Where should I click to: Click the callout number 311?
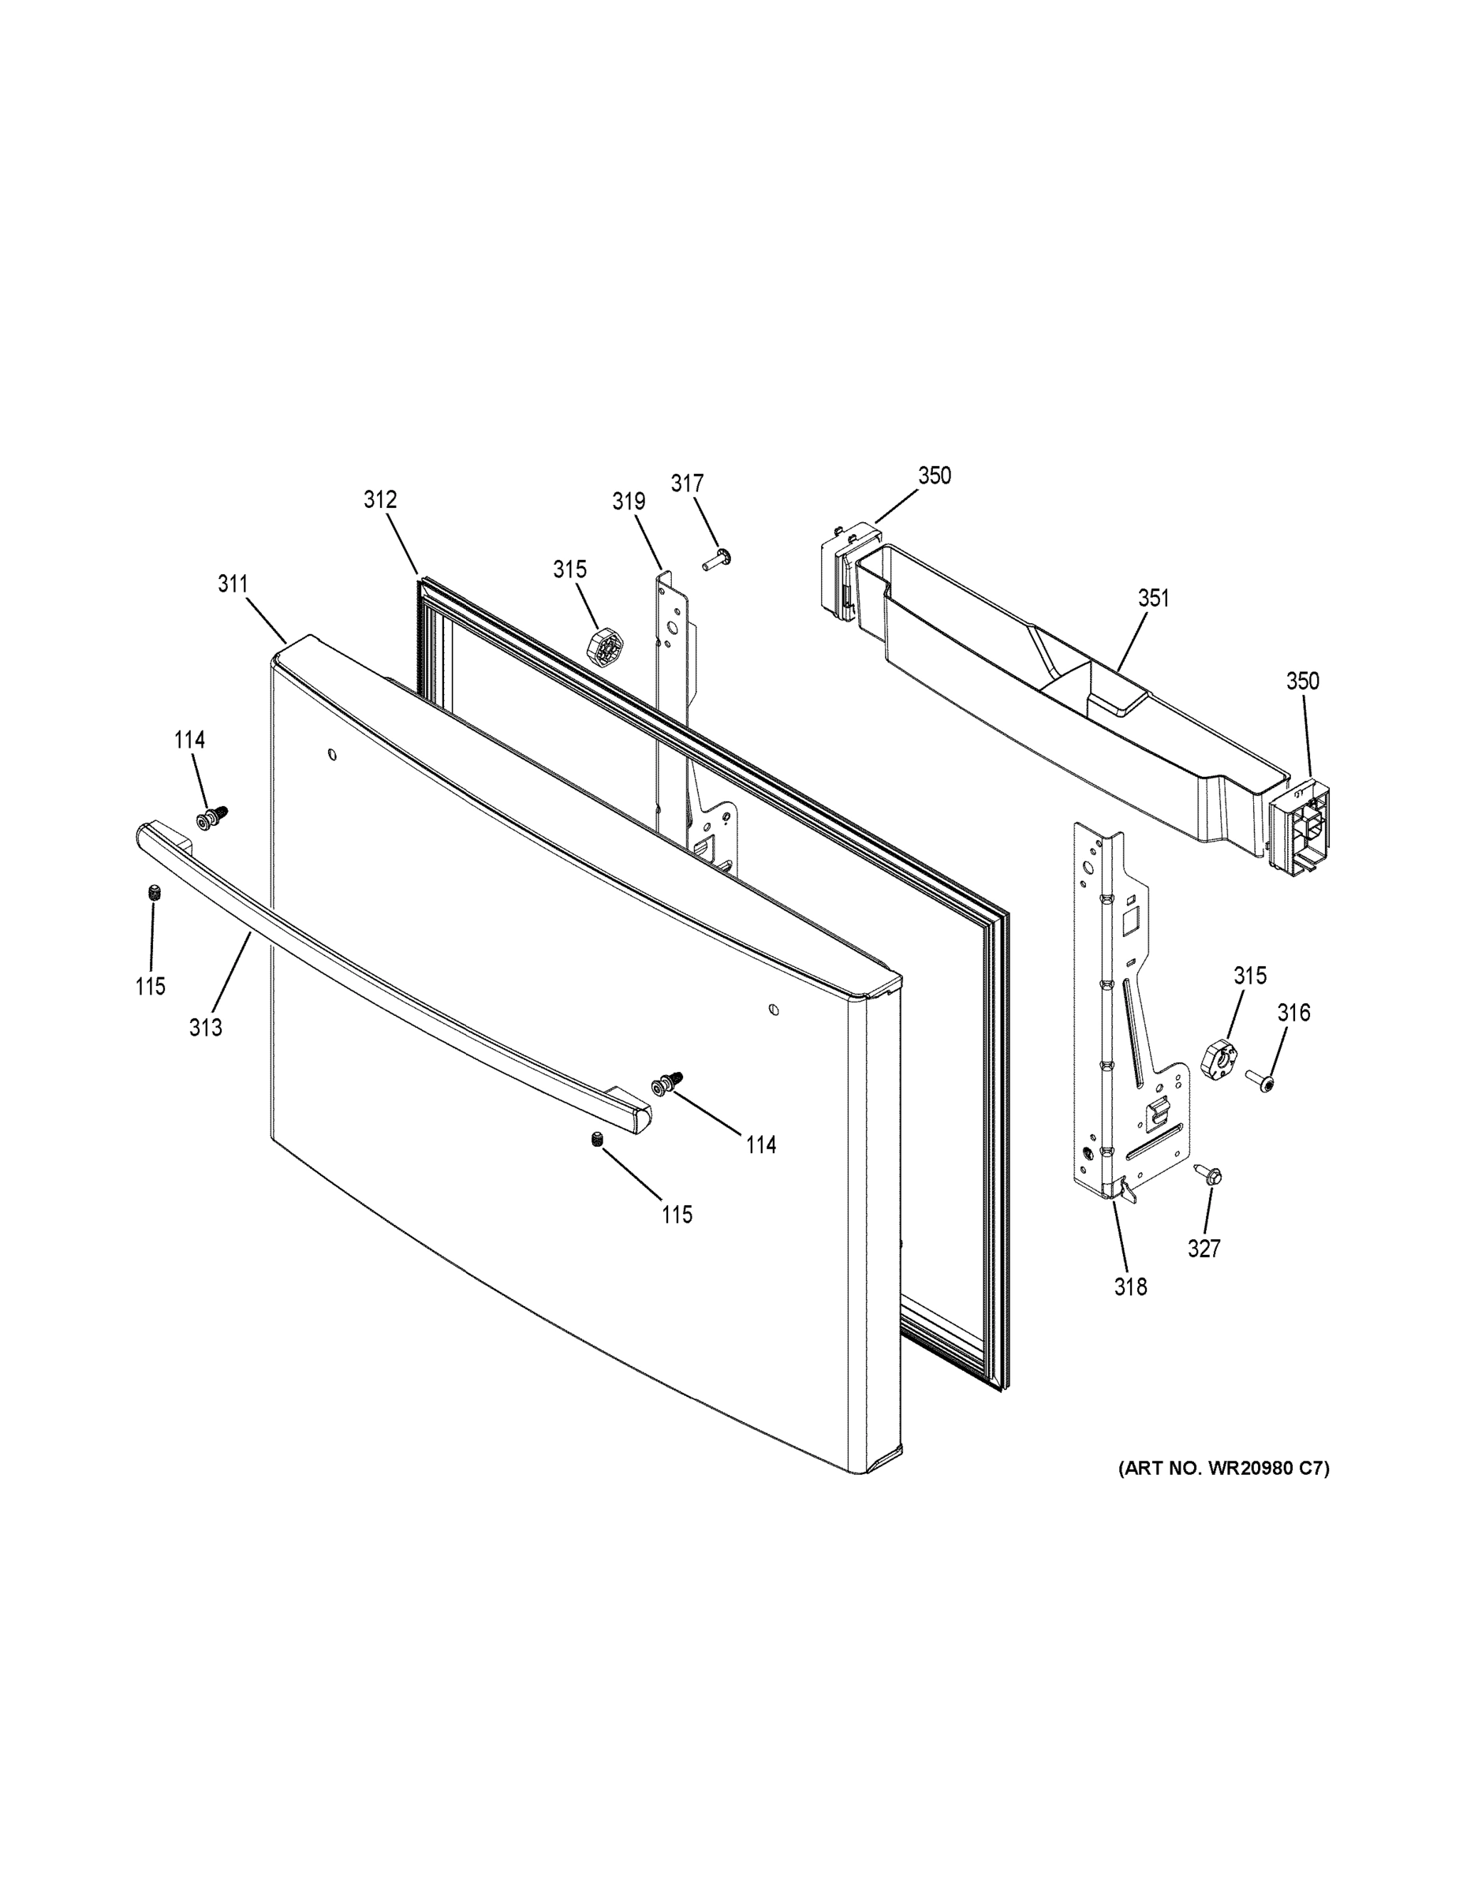(x=233, y=584)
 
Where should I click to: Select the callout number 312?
(x=379, y=500)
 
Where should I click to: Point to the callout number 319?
(x=629, y=502)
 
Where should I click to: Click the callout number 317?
(x=686, y=483)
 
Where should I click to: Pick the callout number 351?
(x=1153, y=598)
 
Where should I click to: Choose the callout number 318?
(x=1130, y=1287)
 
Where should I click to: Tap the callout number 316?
(x=1293, y=1013)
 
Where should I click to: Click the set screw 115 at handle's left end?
(x=155, y=893)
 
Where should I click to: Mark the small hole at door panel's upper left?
(x=332, y=754)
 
